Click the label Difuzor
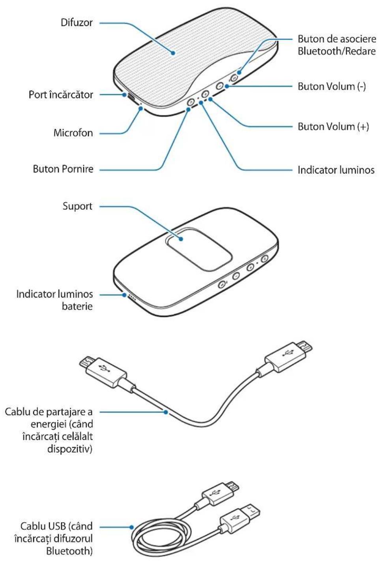coord(77,23)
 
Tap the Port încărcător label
coord(61,95)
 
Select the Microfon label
coord(73,133)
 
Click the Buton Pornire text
coord(63,169)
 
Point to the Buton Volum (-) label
coord(332,87)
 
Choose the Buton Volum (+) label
coord(333,127)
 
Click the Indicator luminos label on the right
coord(336,170)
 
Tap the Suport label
coord(77,206)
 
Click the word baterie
coord(77,306)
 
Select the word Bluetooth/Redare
coord(336,51)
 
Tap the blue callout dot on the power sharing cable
coord(166,412)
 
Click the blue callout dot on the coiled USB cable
coord(132,527)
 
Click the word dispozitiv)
coord(70,449)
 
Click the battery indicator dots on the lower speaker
coord(131,297)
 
